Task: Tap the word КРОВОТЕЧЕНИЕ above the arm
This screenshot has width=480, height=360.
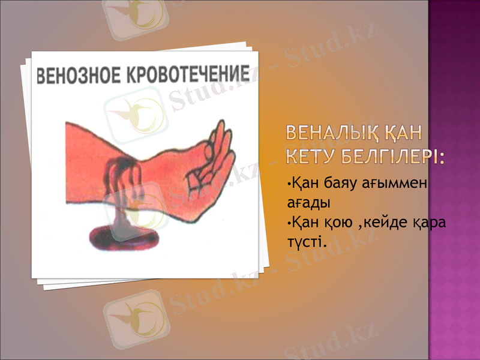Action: pos(187,74)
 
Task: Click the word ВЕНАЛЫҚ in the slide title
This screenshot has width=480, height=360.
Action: pos(335,131)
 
